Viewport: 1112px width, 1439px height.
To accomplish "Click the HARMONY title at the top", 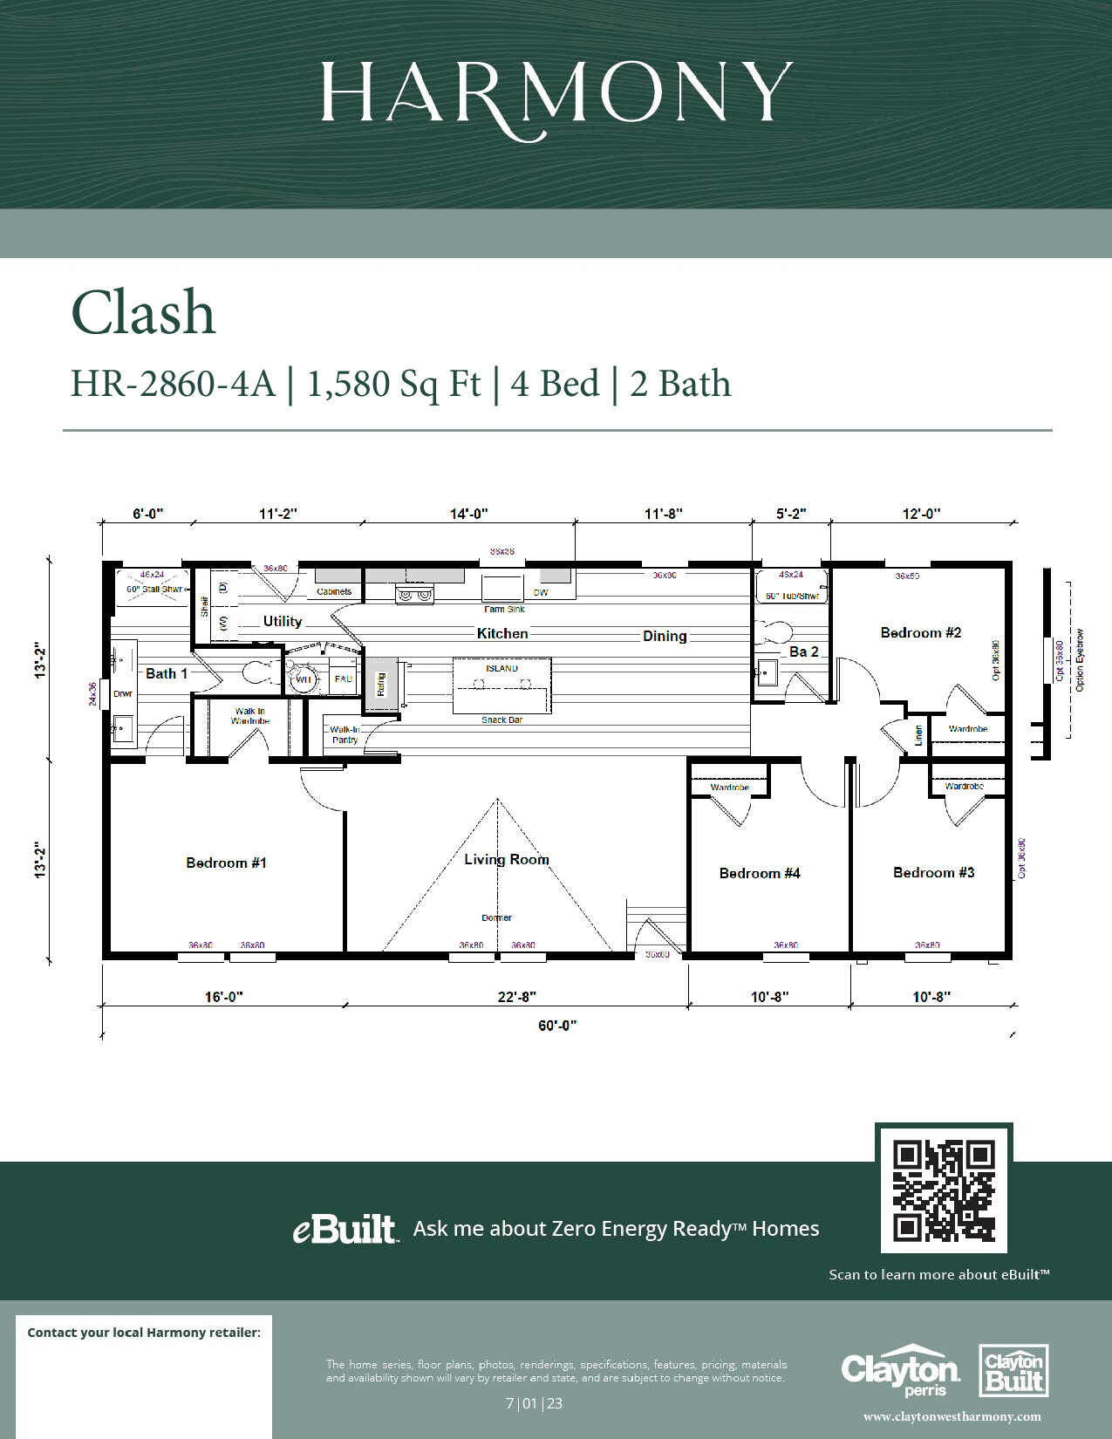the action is pyautogui.click(x=556, y=92).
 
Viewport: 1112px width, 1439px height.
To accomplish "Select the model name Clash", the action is pyautogui.click(x=143, y=313).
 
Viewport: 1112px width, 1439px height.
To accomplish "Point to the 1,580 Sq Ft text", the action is pyautogui.click(x=393, y=384).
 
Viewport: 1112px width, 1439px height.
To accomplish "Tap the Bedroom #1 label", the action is pyautogui.click(x=226, y=863).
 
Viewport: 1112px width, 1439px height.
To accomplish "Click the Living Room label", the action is pyautogui.click(x=506, y=859).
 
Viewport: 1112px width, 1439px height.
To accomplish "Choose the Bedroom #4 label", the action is pyautogui.click(x=759, y=873).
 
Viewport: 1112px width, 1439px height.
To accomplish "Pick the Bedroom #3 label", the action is pyautogui.click(x=933, y=872).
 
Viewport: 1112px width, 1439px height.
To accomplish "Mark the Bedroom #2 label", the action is pyautogui.click(x=920, y=632).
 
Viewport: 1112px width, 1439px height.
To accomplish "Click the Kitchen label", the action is pyautogui.click(x=502, y=633).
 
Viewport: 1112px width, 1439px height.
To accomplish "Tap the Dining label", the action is pyautogui.click(x=665, y=636).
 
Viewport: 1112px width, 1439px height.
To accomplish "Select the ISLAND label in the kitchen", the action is pyautogui.click(x=501, y=668).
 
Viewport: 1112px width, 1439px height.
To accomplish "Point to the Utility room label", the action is pyautogui.click(x=283, y=621).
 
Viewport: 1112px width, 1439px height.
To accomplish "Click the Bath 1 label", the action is pyautogui.click(x=166, y=673).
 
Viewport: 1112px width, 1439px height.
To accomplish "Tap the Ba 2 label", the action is pyautogui.click(x=803, y=651).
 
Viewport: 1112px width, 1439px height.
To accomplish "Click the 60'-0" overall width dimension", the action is pyautogui.click(x=556, y=1026).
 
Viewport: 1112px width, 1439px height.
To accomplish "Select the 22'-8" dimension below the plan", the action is pyautogui.click(x=516, y=997).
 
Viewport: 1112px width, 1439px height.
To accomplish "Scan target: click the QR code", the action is pyautogui.click(x=944, y=1190).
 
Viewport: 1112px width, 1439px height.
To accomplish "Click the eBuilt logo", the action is pyautogui.click(x=345, y=1229).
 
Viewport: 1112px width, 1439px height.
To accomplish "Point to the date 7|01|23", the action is pyautogui.click(x=534, y=1403).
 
